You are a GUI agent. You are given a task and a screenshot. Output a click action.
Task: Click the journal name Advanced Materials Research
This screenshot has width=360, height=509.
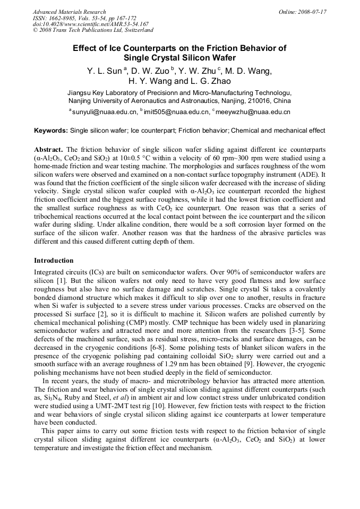pyautogui.click(x=69, y=12)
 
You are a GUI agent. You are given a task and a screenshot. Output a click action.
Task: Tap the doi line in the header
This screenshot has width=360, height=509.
pyautogui.click(x=90, y=24)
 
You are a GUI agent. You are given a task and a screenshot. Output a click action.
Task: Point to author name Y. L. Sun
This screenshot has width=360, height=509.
pyautogui.click(x=105, y=71)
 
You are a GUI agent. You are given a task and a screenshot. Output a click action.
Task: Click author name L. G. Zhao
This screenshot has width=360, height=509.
pyautogui.click(x=210, y=81)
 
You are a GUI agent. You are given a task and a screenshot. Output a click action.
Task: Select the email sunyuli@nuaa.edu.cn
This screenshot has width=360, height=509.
pyautogui.click(x=104, y=112)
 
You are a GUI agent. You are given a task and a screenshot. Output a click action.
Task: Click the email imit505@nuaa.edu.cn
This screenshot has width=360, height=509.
pyautogui.click(x=176, y=112)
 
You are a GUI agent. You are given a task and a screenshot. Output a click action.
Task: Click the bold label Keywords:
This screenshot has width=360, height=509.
pyautogui.click(x=51, y=131)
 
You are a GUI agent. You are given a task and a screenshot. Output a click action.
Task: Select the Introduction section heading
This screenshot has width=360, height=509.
pyautogui.click(x=54, y=261)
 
